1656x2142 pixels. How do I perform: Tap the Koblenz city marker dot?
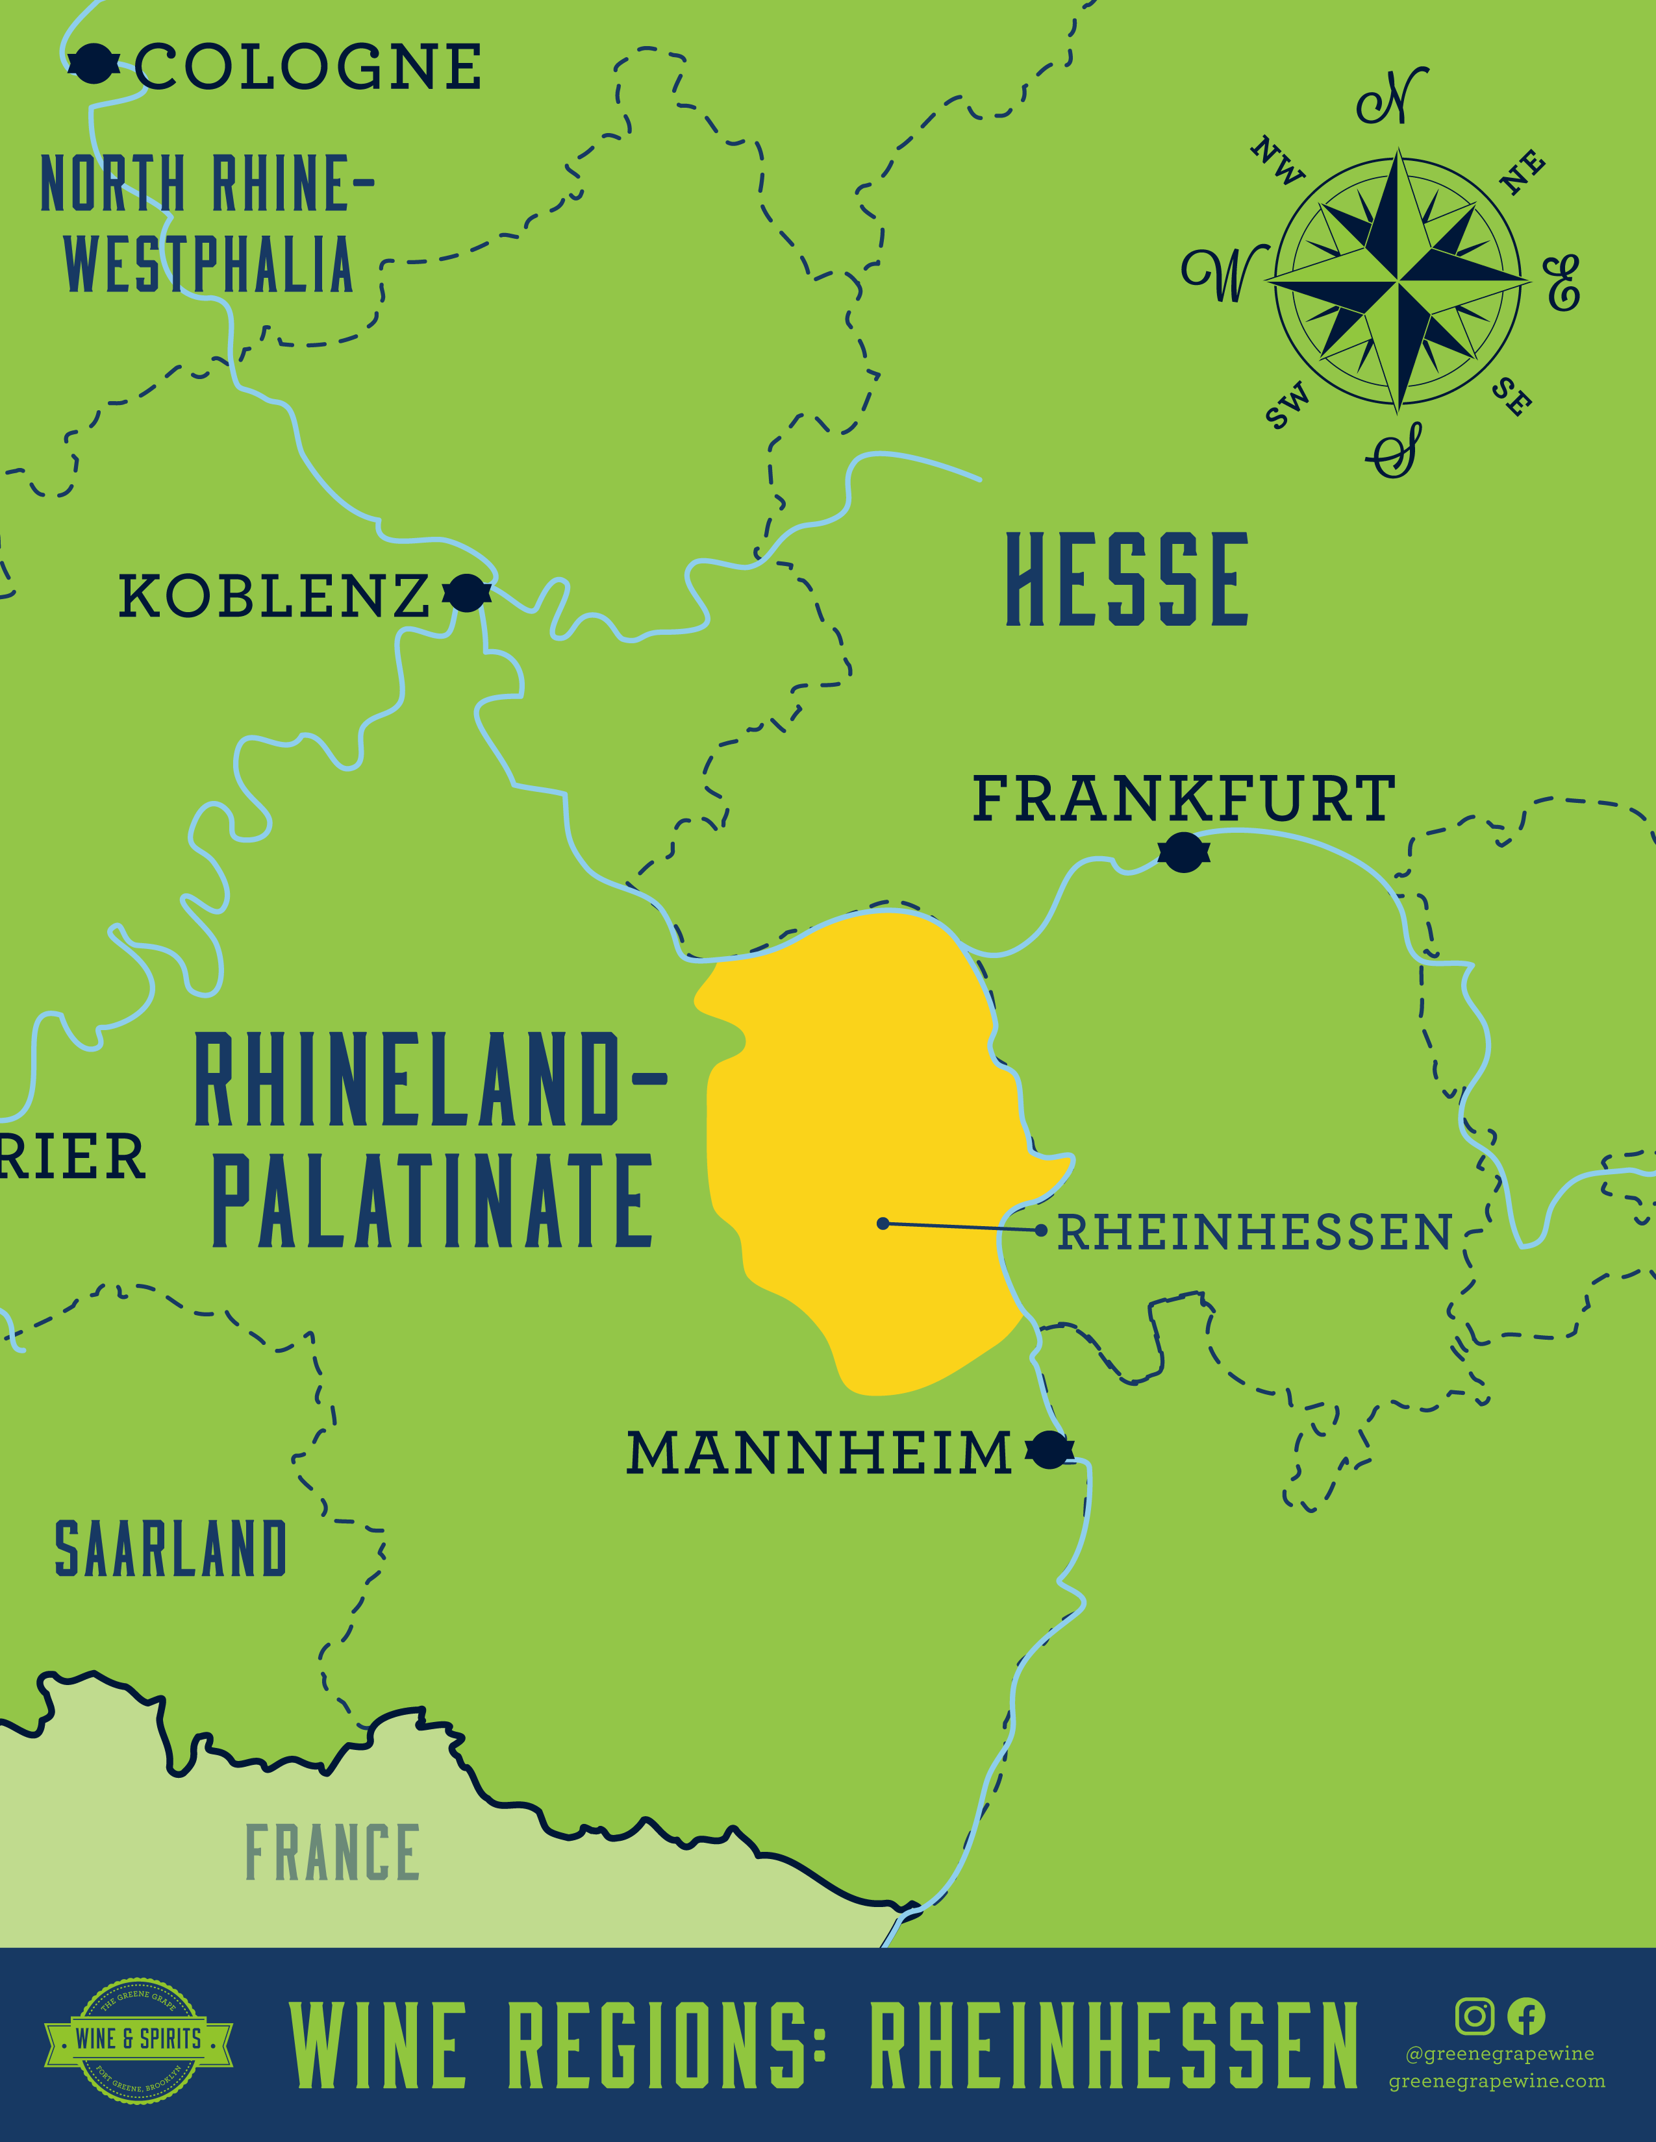coord(467,593)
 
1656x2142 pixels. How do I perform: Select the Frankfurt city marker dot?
coord(1183,852)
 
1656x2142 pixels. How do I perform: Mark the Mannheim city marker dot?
coord(1049,1449)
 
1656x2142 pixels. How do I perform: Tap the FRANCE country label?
coord(332,1853)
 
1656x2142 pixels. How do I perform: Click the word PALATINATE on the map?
coord(433,1201)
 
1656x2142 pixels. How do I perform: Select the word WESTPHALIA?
coord(208,265)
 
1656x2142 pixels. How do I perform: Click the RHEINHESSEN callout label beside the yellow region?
coord(1254,1233)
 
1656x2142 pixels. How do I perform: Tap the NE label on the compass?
coord(1523,173)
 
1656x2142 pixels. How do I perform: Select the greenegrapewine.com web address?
coord(1496,2081)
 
